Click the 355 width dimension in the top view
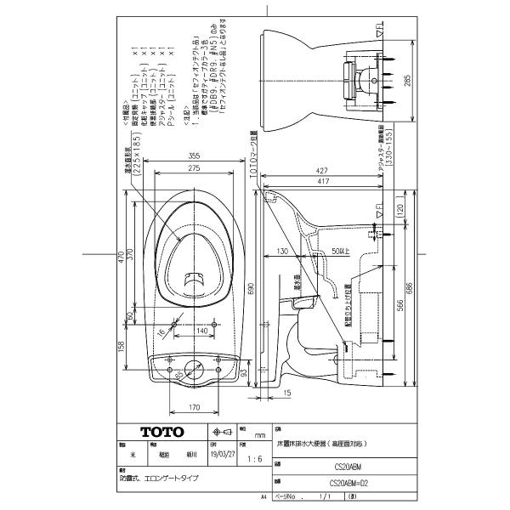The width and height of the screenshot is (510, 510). tap(195, 156)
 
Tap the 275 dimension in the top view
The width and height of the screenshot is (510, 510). tap(195, 169)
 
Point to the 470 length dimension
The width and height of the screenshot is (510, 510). tap(121, 258)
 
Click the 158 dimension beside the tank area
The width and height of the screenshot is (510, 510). tap(121, 347)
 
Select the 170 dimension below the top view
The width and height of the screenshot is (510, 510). tap(194, 408)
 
